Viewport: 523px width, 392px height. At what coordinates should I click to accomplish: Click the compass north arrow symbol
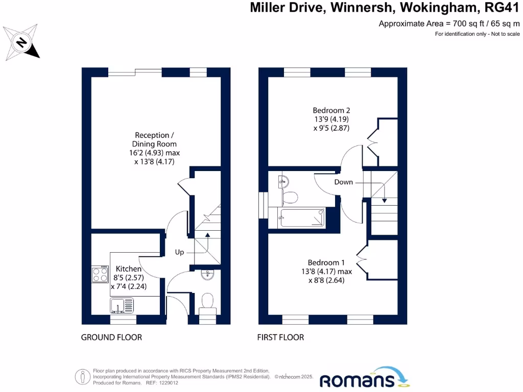click(x=21, y=41)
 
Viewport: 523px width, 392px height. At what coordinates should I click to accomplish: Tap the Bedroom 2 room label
click(x=331, y=110)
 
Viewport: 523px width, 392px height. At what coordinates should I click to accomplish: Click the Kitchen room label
click(x=128, y=268)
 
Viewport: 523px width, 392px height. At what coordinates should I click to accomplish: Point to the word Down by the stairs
click(x=344, y=182)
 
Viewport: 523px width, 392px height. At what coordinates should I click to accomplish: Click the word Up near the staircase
click(x=179, y=252)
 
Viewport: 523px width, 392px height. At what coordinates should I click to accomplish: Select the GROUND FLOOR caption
click(x=111, y=337)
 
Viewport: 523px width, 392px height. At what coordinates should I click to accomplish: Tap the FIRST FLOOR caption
click(x=281, y=337)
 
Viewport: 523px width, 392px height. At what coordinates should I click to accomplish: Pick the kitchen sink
click(x=122, y=306)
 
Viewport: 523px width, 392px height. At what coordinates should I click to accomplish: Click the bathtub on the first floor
click(x=301, y=218)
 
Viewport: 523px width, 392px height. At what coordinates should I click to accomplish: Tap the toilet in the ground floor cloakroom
click(x=207, y=301)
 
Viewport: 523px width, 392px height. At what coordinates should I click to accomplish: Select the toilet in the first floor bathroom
click(x=291, y=197)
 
